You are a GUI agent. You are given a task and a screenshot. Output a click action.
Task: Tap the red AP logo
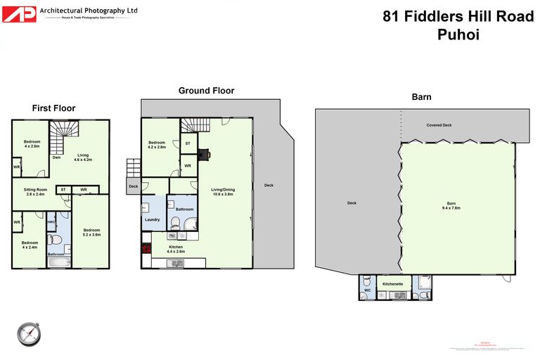[19, 13]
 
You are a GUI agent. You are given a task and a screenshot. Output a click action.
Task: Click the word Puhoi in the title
[458, 34]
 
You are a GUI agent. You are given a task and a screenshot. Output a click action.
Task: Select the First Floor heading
[53, 108]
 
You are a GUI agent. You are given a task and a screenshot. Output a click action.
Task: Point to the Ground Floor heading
[206, 91]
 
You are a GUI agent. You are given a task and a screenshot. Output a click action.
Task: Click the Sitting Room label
[35, 191]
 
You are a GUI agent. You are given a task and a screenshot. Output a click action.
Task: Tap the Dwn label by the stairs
[56, 157]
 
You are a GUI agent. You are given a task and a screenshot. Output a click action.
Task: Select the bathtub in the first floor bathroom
[58, 261]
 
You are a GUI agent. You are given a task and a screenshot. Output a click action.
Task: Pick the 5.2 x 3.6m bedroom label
[91, 232]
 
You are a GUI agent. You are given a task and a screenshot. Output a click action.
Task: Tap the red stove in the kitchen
[146, 248]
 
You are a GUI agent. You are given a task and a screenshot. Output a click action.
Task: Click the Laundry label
[153, 219]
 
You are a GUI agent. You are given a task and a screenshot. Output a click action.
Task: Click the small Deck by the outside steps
[133, 186]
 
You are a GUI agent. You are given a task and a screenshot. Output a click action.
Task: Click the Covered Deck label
[439, 125]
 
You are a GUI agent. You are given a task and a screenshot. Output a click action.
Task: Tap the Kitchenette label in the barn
[392, 283]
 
